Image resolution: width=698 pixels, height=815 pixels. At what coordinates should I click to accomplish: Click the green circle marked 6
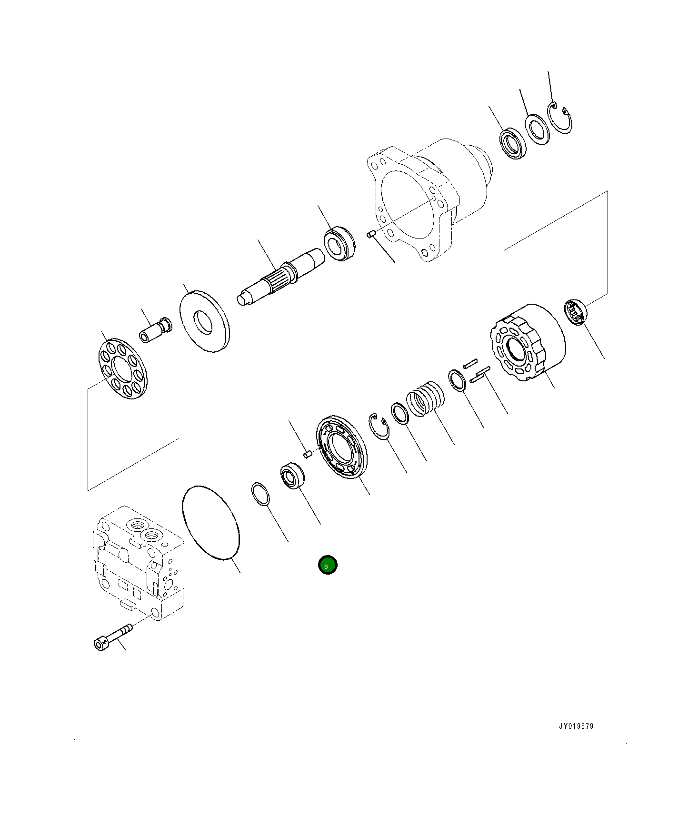coord(328,565)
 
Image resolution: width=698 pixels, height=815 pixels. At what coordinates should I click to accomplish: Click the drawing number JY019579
coord(576,726)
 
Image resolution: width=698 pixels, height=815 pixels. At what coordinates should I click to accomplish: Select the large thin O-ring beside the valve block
coord(211,522)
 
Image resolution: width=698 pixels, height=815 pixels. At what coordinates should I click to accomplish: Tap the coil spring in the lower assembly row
coord(425,398)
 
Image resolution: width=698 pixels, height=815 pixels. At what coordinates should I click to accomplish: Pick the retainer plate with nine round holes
coord(123,369)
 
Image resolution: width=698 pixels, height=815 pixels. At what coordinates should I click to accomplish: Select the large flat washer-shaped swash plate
coord(204,322)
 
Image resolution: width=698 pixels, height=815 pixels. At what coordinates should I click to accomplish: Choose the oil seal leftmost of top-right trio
coord(513,143)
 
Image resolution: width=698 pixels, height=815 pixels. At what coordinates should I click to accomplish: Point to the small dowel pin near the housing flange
coord(372,233)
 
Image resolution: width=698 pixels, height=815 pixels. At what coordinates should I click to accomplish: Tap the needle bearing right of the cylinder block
coord(575,312)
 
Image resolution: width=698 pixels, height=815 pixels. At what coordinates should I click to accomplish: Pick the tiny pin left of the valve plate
coord(308,455)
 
